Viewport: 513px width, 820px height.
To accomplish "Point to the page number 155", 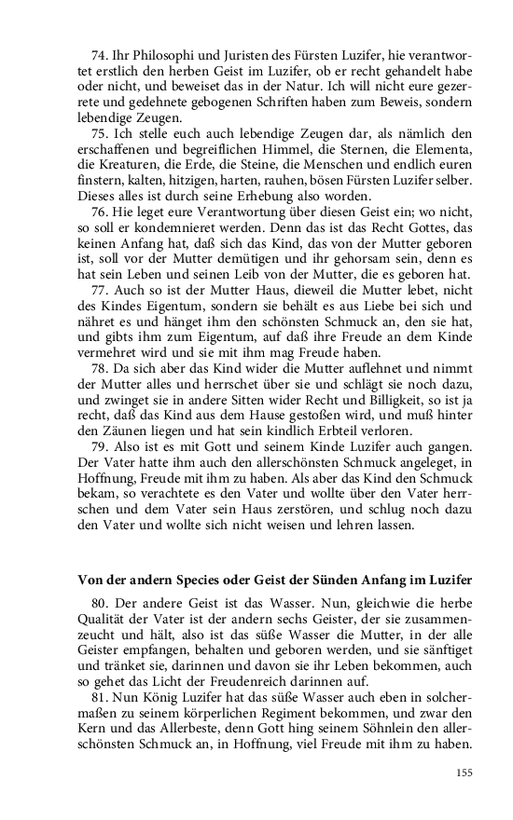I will [x=464, y=772].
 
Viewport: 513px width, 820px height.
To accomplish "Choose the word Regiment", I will [x=243, y=731].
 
